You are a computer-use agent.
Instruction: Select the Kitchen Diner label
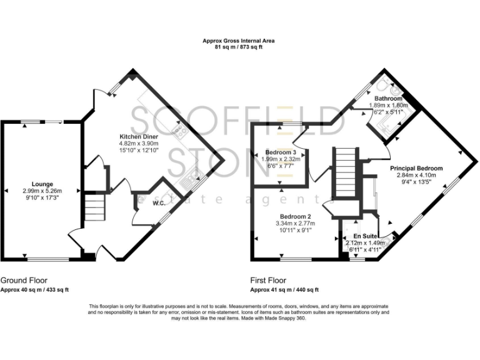(x=139, y=136)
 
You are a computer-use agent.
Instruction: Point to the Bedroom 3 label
(x=280, y=152)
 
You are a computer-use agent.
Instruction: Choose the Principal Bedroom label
(x=416, y=168)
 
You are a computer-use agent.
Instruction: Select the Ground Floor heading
(x=23, y=281)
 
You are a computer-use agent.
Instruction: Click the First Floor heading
(x=268, y=281)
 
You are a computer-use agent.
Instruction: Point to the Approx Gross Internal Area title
(x=238, y=41)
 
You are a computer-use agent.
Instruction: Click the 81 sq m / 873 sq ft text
(x=238, y=47)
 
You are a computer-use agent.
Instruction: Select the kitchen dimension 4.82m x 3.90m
(x=139, y=143)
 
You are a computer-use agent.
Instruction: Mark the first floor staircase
(x=345, y=172)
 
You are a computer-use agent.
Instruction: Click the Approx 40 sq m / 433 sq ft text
(x=34, y=290)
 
